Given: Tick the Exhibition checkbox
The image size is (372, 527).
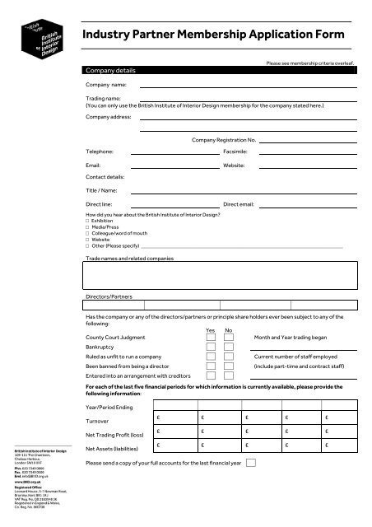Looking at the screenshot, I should [88, 221].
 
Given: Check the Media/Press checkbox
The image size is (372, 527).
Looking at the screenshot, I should [88, 227].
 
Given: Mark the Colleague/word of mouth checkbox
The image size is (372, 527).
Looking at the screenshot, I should [88, 234].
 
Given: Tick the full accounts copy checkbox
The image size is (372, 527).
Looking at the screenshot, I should [251, 464].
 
